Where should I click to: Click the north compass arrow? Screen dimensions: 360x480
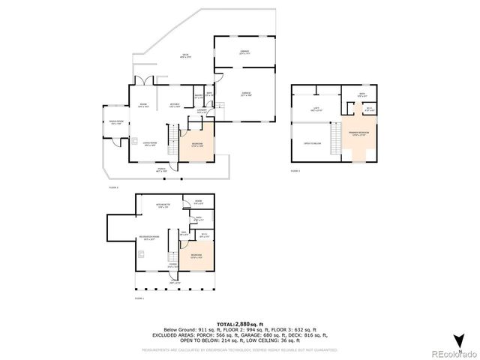459,338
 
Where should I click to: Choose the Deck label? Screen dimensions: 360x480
183,56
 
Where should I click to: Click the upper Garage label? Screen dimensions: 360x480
244,52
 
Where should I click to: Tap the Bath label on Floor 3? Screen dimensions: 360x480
361,95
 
